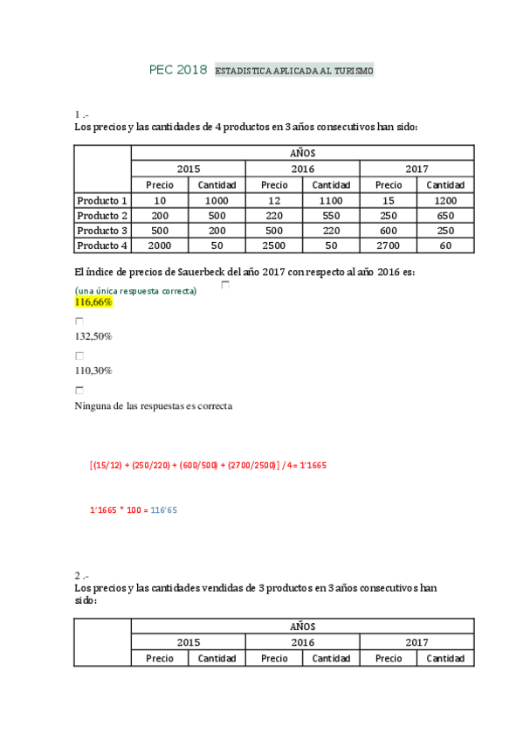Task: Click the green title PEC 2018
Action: pyautogui.click(x=178, y=69)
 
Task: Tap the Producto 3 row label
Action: pyautogui.click(x=102, y=231)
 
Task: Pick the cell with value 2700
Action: pyautogui.click(x=389, y=246)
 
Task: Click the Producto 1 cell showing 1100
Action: pyautogui.click(x=331, y=200)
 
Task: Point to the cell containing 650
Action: pyautogui.click(x=445, y=216)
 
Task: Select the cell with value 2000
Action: pyautogui.click(x=160, y=246)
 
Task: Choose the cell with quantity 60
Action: pyautogui.click(x=445, y=246)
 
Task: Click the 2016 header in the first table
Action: pyautogui.click(x=302, y=169)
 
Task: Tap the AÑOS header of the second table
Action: pyautogui.click(x=302, y=627)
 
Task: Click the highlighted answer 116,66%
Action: pyautogui.click(x=93, y=301)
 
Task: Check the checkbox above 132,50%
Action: pyautogui.click(x=79, y=322)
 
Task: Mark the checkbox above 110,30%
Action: pyautogui.click(x=79, y=357)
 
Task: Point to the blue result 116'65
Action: pyautogui.click(x=164, y=509)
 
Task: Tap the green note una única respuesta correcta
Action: pyautogui.click(x=136, y=290)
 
